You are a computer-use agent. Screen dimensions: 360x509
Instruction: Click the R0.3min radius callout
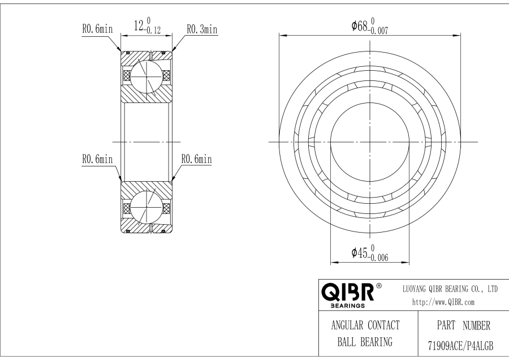pyautogui.click(x=202, y=29)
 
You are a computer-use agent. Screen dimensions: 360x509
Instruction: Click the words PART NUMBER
pyautogui.click(x=459, y=326)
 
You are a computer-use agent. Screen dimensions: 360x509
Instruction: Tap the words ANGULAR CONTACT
pyautogui.click(x=365, y=325)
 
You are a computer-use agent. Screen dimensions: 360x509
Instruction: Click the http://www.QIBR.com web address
pyautogui.click(x=443, y=302)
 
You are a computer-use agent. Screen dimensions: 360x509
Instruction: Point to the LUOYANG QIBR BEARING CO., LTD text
pyautogui.click(x=450, y=289)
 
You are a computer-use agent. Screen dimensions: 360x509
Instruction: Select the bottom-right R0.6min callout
pyautogui.click(x=196, y=160)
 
